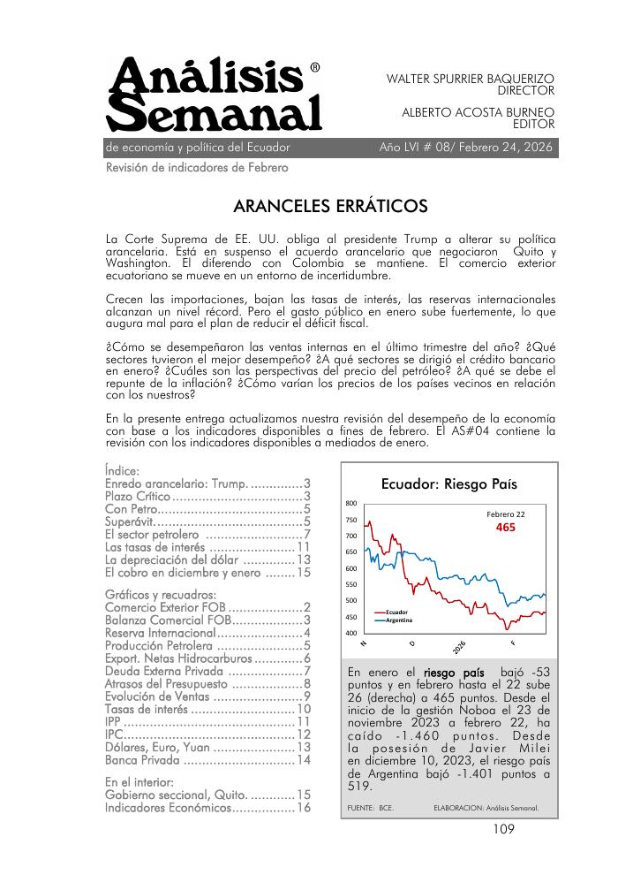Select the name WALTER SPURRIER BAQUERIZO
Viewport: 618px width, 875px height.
(x=471, y=79)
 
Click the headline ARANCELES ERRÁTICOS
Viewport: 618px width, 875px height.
(x=330, y=206)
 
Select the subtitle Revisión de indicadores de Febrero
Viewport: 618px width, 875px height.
(x=196, y=167)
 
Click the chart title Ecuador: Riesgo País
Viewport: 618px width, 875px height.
(x=448, y=483)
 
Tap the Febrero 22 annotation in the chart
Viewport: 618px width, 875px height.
(x=506, y=514)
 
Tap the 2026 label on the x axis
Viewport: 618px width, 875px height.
(x=459, y=646)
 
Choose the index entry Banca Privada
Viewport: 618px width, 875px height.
(x=142, y=759)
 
